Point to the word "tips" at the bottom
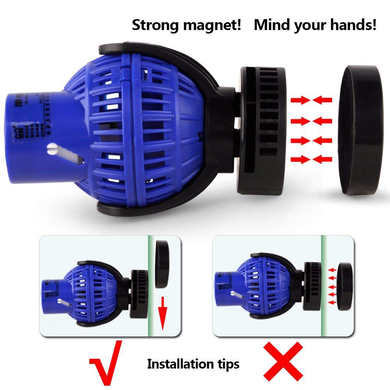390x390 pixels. coord(226,364)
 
